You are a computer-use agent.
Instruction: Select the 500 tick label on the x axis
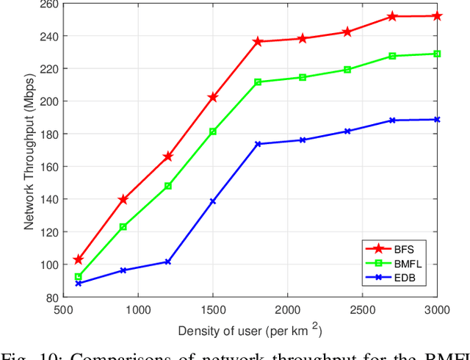pos(64,310)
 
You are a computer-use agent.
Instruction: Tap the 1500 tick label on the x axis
pos(213,310)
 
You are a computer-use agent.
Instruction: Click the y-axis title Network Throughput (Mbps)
pos(29,150)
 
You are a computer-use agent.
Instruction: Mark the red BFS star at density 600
pos(79,259)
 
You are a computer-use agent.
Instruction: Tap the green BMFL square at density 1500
pos(213,132)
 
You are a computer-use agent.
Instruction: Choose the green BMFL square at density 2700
pos(393,56)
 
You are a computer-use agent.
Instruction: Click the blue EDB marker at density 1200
pos(168,262)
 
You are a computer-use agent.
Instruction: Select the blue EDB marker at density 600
pos(79,284)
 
